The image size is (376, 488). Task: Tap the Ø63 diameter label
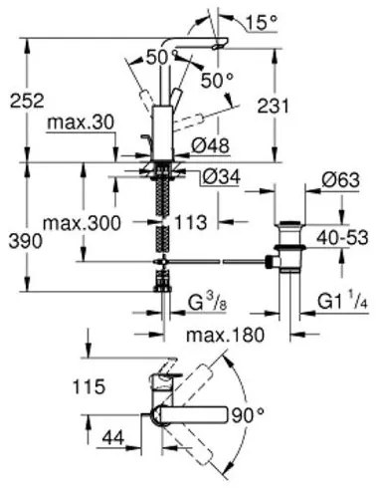(x=312, y=180)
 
